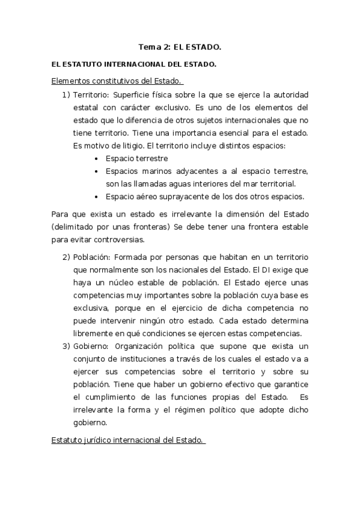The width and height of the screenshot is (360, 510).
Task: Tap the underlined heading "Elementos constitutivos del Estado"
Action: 117,81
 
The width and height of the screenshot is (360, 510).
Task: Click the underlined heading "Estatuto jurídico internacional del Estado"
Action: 128,442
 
